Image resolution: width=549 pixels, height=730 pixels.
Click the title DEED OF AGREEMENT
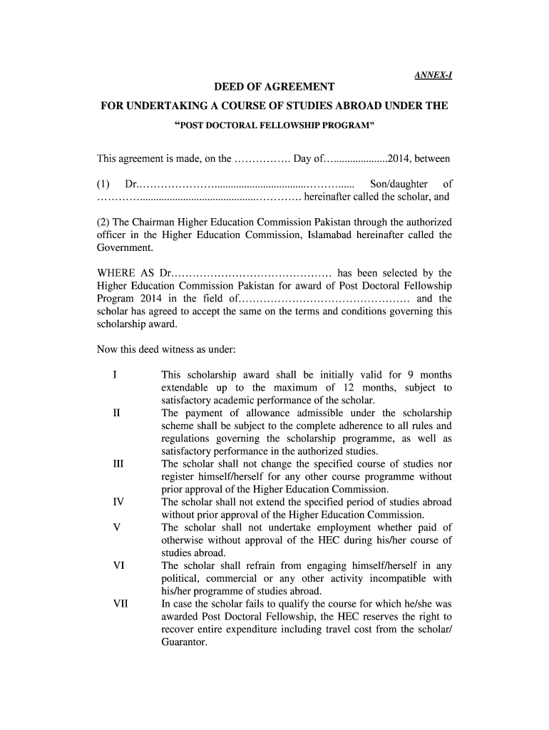pyautogui.click(x=274, y=88)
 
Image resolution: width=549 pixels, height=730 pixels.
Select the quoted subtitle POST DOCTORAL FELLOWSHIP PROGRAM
pyautogui.click(x=274, y=125)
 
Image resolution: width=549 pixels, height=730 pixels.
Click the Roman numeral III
pyautogui.click(x=118, y=464)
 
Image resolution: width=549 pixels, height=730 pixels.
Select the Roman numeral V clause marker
pyautogui.click(x=116, y=528)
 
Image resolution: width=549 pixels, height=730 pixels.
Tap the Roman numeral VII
pyautogui.click(x=120, y=604)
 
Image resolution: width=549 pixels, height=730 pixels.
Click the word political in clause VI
pyautogui.click(x=182, y=578)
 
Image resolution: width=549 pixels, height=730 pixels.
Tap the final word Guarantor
pyautogui.click(x=184, y=642)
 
